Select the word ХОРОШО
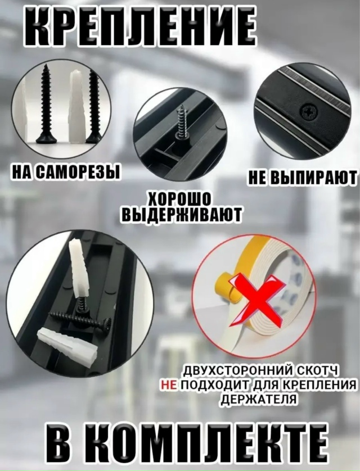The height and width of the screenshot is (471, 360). click(180, 200)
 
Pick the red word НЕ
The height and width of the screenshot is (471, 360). click(168, 384)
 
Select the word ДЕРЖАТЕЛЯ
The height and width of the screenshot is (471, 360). click(259, 398)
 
